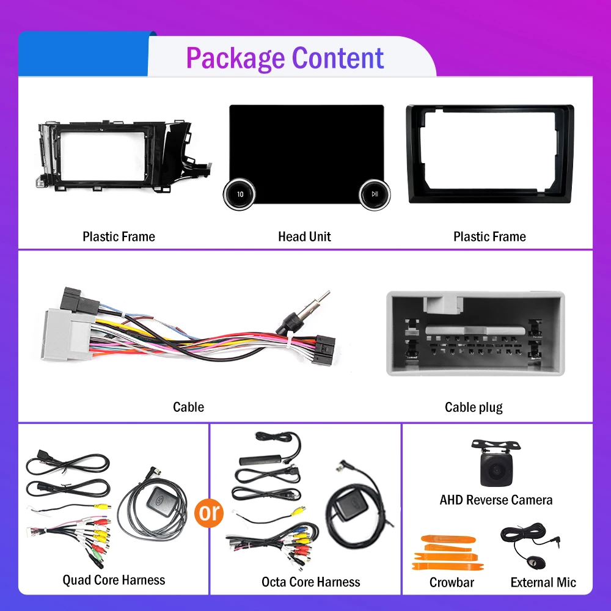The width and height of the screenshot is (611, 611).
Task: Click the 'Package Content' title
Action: [285, 58]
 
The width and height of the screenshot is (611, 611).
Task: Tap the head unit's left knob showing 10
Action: [240, 194]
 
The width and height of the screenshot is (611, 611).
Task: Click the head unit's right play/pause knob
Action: [374, 194]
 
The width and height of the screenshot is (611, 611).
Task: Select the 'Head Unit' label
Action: [304, 236]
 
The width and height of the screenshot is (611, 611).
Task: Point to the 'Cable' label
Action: [188, 407]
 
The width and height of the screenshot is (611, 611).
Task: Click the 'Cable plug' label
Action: [474, 407]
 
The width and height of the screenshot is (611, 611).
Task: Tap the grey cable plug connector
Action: [475, 333]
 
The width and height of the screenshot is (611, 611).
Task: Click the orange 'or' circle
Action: [209, 513]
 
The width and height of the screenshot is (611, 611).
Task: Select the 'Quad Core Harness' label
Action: [114, 580]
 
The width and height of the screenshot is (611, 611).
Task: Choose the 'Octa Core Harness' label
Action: [310, 582]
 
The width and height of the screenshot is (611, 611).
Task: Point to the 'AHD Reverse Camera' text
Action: [496, 500]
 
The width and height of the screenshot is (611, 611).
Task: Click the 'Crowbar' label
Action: [452, 582]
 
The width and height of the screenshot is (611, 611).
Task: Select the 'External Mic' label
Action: [543, 582]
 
